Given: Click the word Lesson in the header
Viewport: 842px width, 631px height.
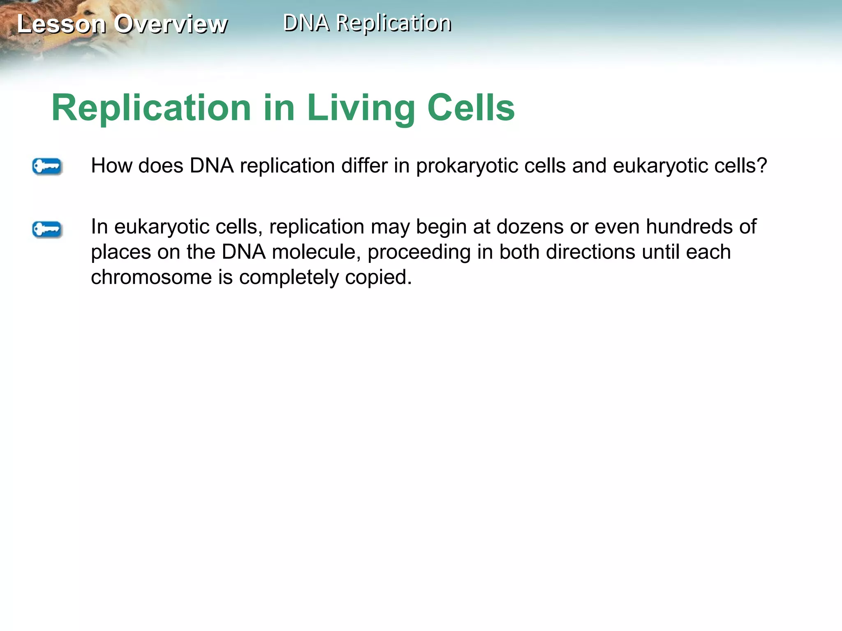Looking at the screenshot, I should tap(62, 24).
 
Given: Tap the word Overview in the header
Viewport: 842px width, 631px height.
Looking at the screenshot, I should tap(171, 24).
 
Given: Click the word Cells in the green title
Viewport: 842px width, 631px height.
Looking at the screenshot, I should tap(471, 108).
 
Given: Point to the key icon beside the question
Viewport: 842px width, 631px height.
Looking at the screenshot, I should tap(47, 167).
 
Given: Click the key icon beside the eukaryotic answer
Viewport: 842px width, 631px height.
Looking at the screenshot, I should tap(47, 229).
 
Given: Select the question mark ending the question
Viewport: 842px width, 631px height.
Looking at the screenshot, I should tap(762, 166).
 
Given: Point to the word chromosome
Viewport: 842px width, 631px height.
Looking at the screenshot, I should tap(151, 277).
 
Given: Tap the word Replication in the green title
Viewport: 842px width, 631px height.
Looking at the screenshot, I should tap(151, 108).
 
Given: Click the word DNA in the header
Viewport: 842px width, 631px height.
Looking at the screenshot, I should tap(306, 23).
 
